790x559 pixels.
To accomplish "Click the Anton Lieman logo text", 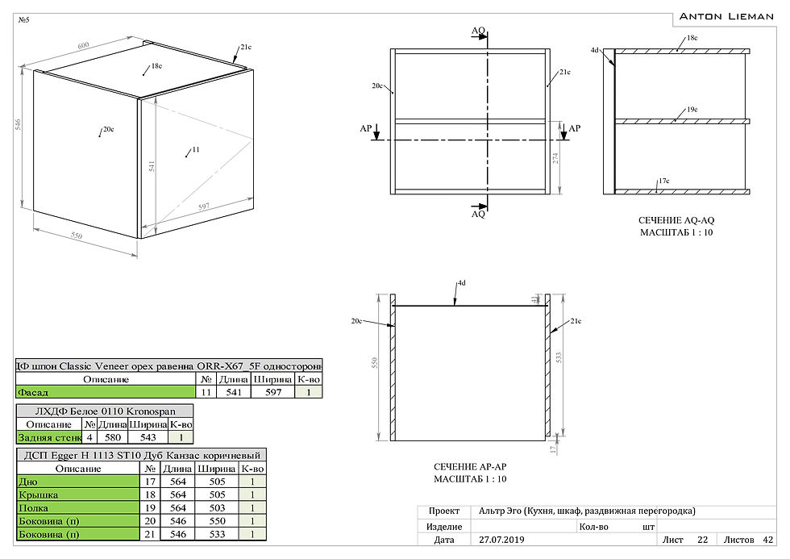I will pyautogui.click(x=726, y=15).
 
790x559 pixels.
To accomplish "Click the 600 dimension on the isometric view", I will pyautogui.click(x=83, y=45).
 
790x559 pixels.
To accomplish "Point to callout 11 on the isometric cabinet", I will pyautogui.click(x=194, y=150).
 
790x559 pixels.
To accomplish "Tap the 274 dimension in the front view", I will pyautogui.click(x=555, y=158).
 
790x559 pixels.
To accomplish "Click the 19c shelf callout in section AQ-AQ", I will pyautogui.click(x=692, y=109).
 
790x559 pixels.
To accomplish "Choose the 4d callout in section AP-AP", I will pyautogui.click(x=461, y=283).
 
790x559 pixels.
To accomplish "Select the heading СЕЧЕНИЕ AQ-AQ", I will pyautogui.click(x=676, y=220).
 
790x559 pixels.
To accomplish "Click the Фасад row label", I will pyautogui.click(x=32, y=393).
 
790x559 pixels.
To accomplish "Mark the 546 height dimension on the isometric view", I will pyautogui.click(x=17, y=127).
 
